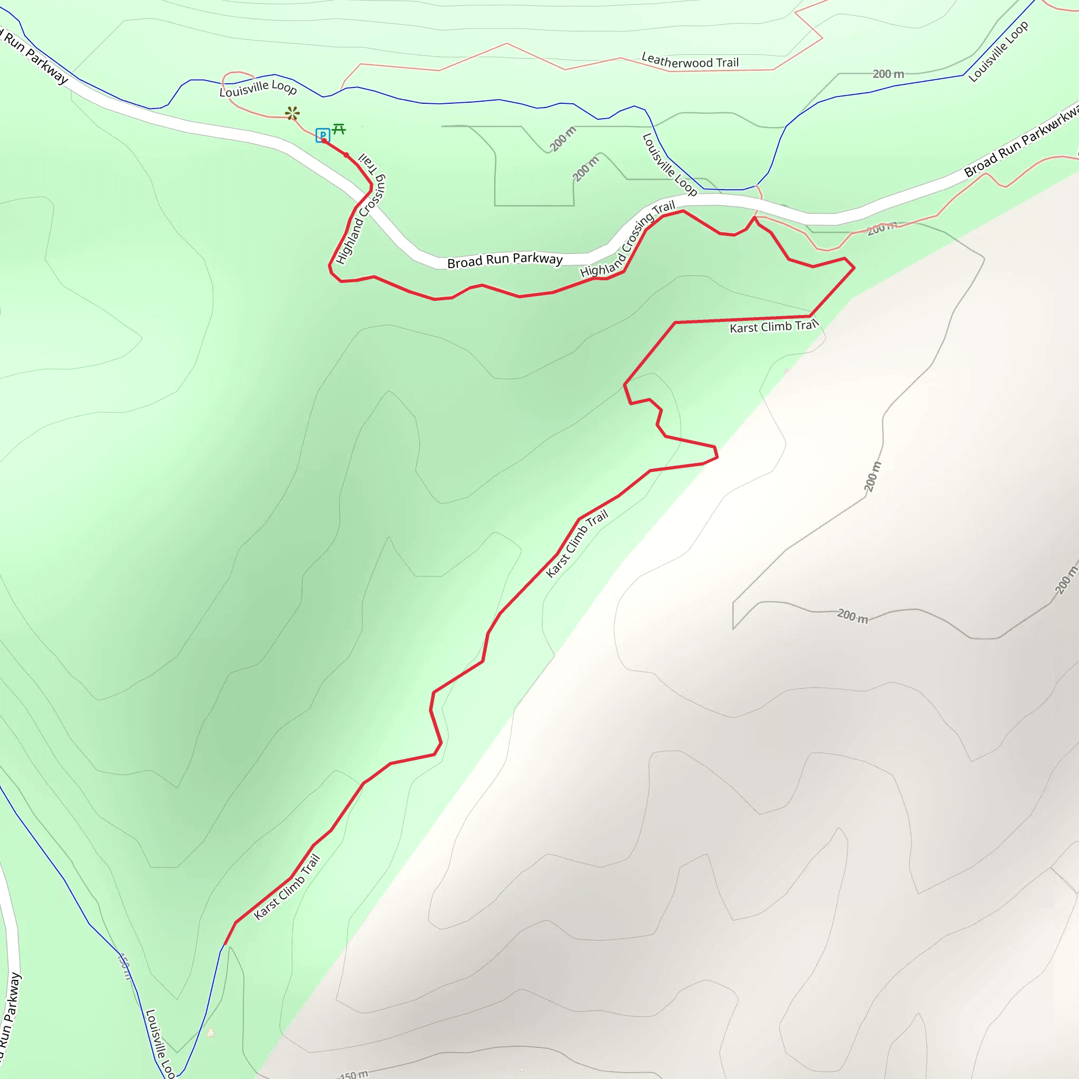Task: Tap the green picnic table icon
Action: pyautogui.click(x=339, y=130)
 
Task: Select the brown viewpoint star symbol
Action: pyautogui.click(x=292, y=113)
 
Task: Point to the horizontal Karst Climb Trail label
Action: pyautogui.click(x=773, y=326)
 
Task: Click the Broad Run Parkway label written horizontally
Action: pyautogui.click(x=505, y=260)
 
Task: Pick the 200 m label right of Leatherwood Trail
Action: pyautogui.click(x=888, y=74)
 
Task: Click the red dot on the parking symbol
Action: pyautogui.click(x=324, y=141)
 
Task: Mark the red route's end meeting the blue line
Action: pyautogui.click(x=224, y=945)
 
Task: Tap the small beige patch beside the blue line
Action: pyautogui.click(x=211, y=1033)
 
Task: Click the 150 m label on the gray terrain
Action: pyautogui.click(x=354, y=1074)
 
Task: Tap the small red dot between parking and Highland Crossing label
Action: pyautogui.click(x=346, y=155)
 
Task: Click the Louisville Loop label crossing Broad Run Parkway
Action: pyautogui.click(x=669, y=164)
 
